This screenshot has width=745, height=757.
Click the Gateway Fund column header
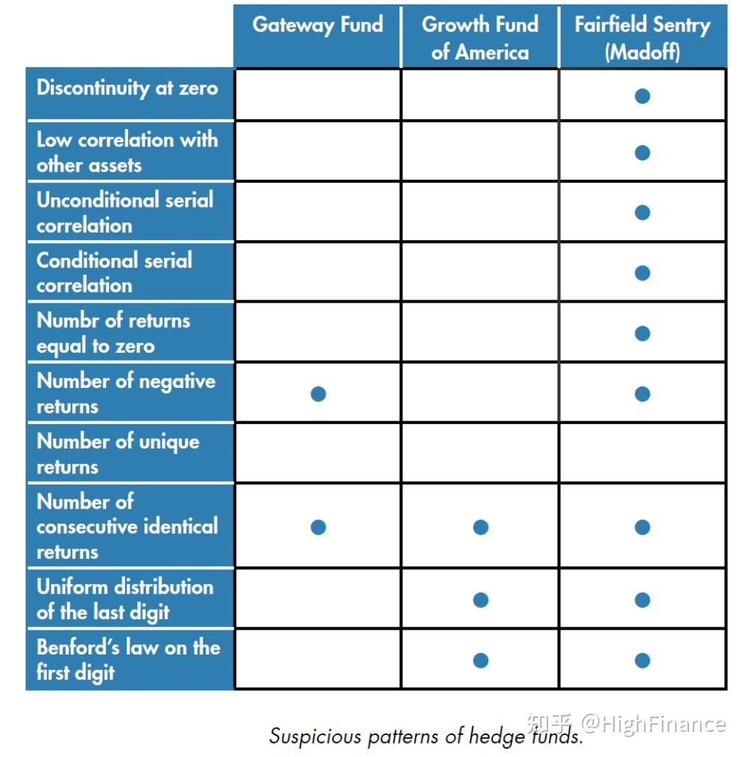coord(318,25)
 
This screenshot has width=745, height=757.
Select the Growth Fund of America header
coord(480,38)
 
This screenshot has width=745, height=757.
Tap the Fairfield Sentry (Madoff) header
coord(642,38)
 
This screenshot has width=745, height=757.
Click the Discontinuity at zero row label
coord(127,88)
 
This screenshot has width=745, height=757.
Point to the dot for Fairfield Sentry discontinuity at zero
coord(643,96)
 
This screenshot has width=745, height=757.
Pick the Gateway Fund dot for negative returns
coord(318,394)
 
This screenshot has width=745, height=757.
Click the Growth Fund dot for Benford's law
coord(480,661)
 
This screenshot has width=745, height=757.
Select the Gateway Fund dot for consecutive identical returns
coord(318,527)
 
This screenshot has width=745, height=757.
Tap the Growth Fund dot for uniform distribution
coord(480,600)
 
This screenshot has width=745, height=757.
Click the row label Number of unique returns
coord(118,454)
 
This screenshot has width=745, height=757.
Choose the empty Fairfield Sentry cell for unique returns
coord(643,453)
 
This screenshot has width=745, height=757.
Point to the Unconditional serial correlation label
coord(125,212)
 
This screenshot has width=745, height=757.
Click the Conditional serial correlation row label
coord(114,272)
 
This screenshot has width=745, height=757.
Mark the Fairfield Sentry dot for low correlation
coord(643,152)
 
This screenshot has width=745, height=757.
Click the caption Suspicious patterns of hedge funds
coord(426,736)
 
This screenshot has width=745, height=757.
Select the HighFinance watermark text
coord(653,723)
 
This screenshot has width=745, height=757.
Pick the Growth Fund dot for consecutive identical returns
coord(480,527)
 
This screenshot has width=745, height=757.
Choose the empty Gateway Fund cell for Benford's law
coord(318,660)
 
